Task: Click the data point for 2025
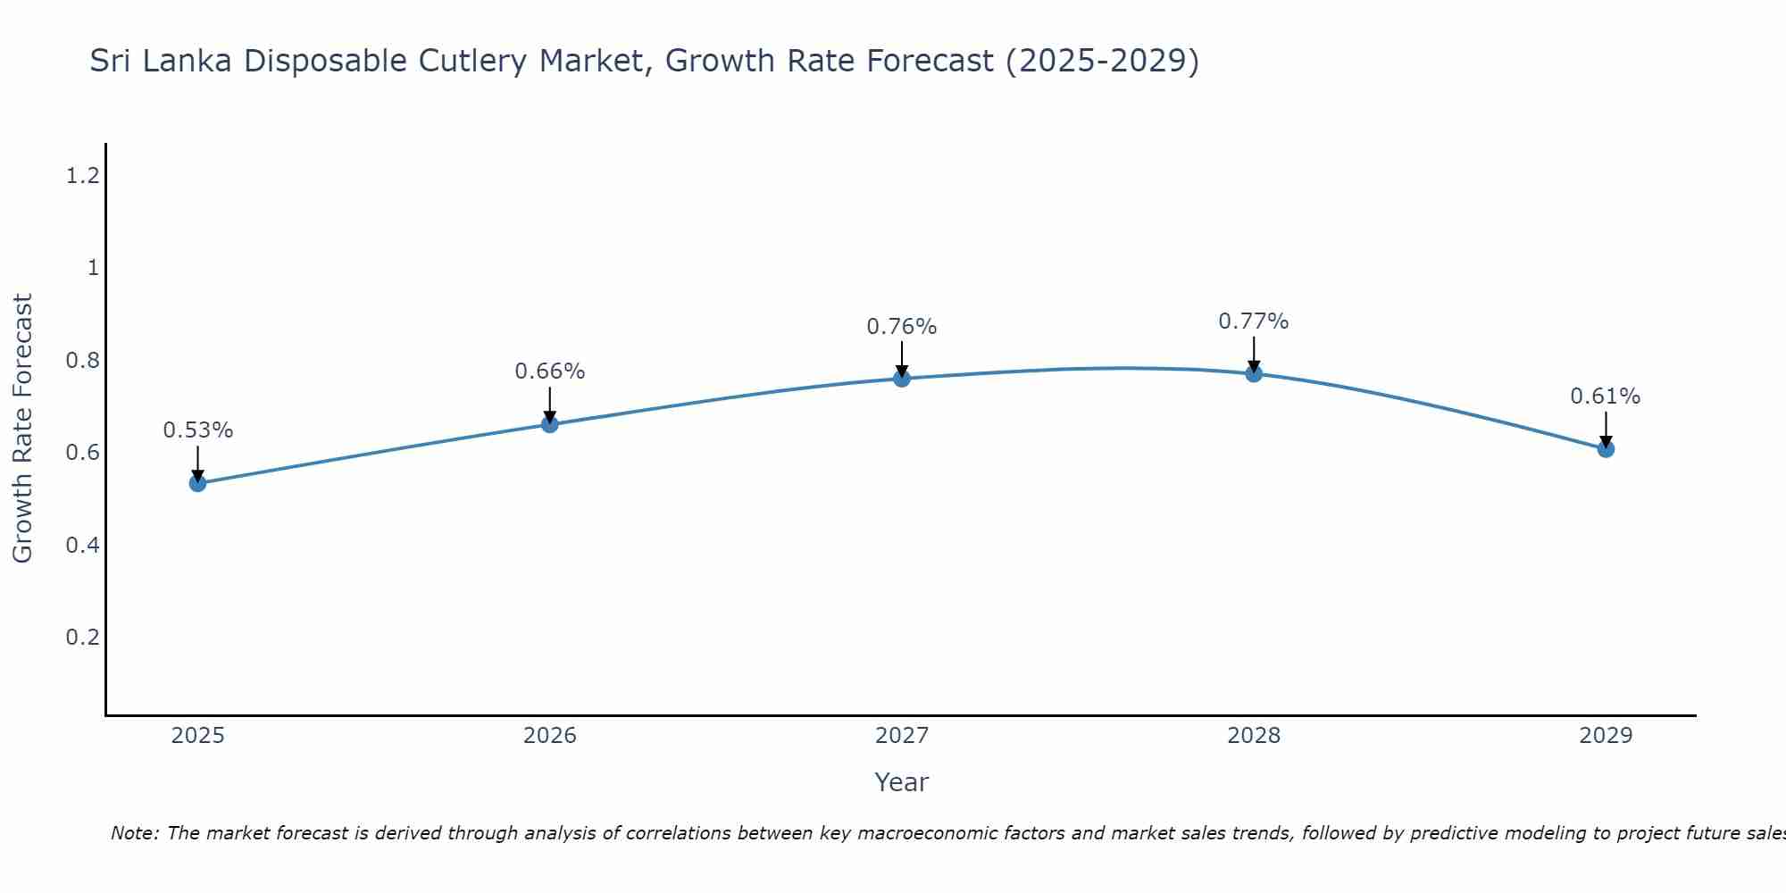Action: coord(198,483)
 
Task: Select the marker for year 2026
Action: coord(550,424)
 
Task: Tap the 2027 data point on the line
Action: coord(902,379)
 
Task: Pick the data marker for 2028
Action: coord(1254,373)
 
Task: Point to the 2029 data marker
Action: coord(1606,448)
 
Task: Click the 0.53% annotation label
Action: coord(198,430)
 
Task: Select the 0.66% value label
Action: coord(550,371)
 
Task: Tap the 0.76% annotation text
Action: coord(902,327)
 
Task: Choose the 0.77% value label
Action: coord(1254,321)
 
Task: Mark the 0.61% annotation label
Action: coord(1606,396)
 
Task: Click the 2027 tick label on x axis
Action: coord(902,736)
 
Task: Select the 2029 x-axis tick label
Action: coord(1606,736)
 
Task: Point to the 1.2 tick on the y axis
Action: coord(82,176)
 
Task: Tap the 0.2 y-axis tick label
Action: coord(82,638)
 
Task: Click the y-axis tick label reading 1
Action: coord(93,268)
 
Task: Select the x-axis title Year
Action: coord(902,782)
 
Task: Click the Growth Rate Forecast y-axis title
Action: coord(23,429)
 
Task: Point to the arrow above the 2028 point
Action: coord(1254,355)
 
